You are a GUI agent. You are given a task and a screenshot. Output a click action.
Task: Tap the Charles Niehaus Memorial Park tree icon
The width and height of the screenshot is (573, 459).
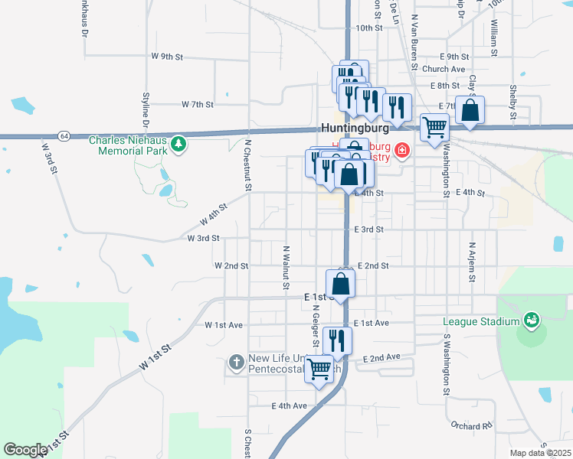(178, 143)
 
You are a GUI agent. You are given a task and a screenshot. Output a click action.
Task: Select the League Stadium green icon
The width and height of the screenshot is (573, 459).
(530, 319)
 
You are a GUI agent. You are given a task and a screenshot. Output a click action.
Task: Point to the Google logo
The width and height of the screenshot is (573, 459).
(25, 450)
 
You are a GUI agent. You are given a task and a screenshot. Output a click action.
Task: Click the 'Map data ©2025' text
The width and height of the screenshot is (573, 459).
(540, 453)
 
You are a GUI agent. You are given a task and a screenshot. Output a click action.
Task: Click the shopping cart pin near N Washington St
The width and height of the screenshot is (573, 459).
(434, 128)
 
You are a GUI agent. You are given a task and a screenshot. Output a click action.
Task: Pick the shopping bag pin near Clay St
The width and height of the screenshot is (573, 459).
(470, 111)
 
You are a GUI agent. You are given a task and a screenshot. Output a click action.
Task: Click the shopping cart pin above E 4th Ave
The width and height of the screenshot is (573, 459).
(319, 371)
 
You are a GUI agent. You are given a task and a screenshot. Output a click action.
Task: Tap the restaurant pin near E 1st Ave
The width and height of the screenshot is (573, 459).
(337, 340)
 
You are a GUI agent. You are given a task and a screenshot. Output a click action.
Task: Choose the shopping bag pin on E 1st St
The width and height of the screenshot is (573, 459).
(341, 284)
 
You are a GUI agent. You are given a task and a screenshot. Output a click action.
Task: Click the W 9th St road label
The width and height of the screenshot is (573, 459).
(168, 57)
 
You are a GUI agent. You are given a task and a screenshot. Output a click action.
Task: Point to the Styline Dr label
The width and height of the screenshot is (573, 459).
(146, 109)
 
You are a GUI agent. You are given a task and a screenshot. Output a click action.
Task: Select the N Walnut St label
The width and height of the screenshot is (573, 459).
(285, 262)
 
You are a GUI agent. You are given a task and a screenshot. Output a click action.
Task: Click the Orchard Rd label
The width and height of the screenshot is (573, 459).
(471, 426)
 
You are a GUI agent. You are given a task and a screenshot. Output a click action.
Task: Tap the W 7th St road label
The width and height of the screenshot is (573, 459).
(197, 104)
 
